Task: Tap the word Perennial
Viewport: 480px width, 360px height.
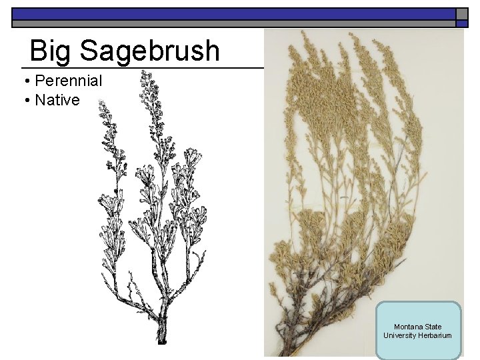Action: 68,81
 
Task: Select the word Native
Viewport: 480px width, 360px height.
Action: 57,101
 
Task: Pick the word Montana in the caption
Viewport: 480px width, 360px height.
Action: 407,327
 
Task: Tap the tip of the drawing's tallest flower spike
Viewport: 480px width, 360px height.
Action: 145,73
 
